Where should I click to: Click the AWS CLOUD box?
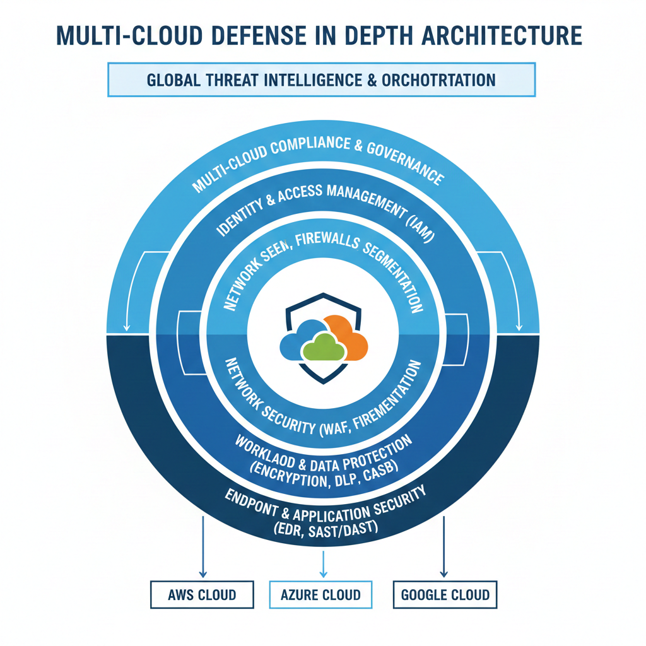coord(202,594)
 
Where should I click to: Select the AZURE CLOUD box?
coord(321,594)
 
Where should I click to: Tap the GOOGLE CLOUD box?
coord(445,594)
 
